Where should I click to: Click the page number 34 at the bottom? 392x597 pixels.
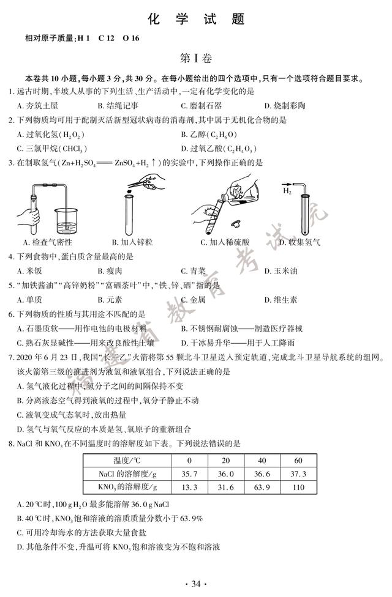pos(195,584)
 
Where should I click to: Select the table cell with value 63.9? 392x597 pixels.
pos(262,487)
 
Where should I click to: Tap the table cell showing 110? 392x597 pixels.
pos(298,487)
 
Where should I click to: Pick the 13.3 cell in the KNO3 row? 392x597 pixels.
pos(189,487)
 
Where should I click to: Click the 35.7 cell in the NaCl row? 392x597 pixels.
pos(189,473)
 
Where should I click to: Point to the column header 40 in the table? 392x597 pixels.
pos(262,461)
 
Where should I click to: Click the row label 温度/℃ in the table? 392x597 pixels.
pos(127,461)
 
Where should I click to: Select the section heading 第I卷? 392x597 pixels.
pos(195,58)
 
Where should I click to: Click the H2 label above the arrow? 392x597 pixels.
pos(287,191)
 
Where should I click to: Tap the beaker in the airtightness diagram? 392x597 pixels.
pos(66,221)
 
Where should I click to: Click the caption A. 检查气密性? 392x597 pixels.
pos(48,242)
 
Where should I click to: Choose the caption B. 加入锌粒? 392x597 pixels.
pos(132,242)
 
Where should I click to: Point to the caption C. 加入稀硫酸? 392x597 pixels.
pos(225,242)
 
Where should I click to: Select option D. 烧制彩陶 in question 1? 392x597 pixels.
pos(285,105)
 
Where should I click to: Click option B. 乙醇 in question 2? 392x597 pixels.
pos(209,135)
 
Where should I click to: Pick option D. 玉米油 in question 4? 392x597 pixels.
pos(281,271)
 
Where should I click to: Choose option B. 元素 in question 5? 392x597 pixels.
pos(110,300)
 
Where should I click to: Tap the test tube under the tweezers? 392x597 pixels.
pos(129,215)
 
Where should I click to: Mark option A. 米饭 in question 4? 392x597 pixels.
pos(29,271)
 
